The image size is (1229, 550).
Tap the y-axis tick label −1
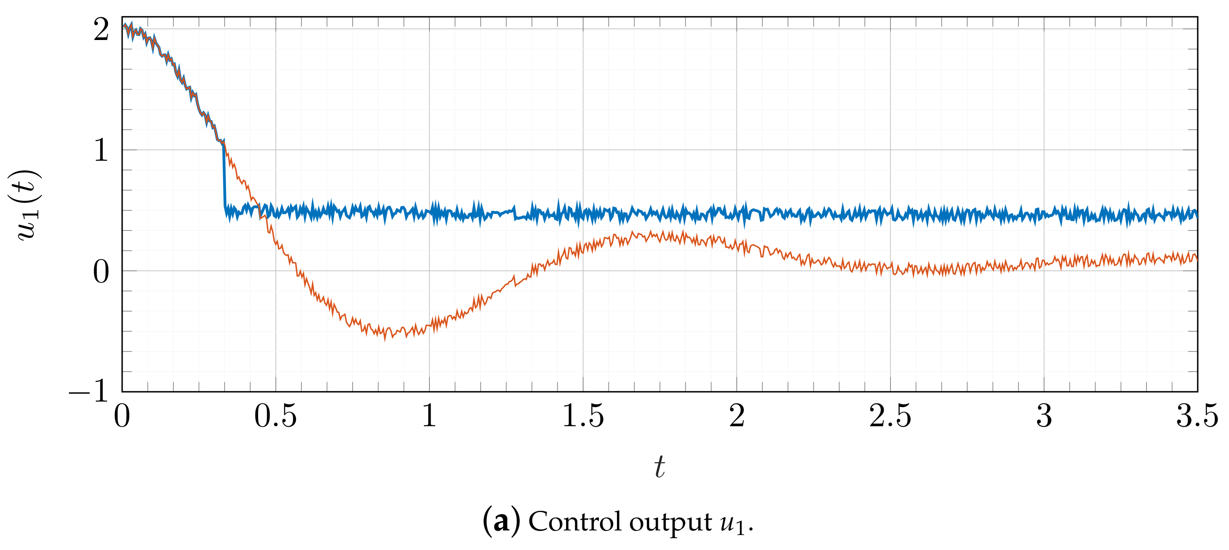point(89,392)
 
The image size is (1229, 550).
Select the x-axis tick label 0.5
point(275,416)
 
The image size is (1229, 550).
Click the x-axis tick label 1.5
point(583,416)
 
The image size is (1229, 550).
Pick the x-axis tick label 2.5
point(890,416)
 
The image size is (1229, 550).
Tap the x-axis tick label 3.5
point(1197,416)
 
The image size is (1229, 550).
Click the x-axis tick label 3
point(1044,416)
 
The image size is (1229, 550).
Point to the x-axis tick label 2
point(737,416)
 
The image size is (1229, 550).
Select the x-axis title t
point(660,467)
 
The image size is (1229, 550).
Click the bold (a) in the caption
point(501,521)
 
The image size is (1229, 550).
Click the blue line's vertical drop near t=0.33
point(224,177)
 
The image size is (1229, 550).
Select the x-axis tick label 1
point(429,416)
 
